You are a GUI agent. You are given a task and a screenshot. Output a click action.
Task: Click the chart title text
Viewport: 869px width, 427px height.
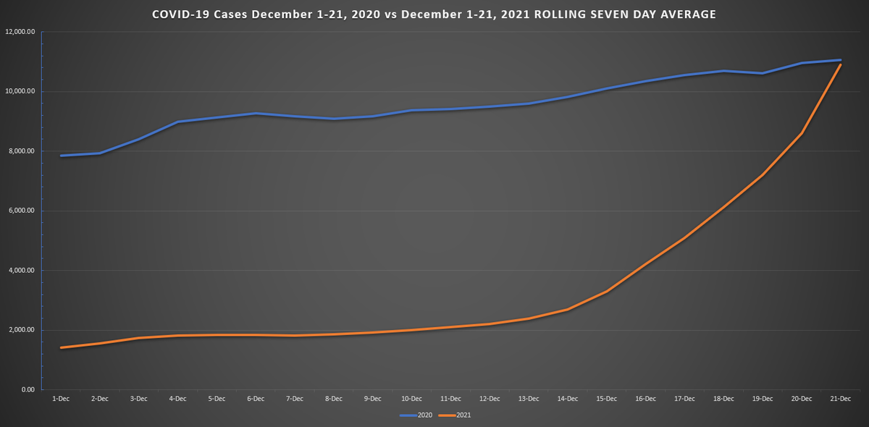[434, 14]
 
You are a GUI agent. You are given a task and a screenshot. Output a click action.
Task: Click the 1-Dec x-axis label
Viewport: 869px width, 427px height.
[61, 399]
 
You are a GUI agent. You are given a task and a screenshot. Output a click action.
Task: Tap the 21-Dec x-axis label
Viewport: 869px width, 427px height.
[840, 399]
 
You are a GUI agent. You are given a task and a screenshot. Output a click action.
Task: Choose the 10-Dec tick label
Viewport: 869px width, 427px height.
[411, 399]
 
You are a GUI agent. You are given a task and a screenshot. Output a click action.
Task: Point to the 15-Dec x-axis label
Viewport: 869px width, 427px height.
[606, 399]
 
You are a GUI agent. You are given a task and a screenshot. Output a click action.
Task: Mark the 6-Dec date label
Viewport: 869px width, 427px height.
[256, 399]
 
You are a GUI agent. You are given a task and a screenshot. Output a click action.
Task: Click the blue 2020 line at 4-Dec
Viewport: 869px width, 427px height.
[177, 122]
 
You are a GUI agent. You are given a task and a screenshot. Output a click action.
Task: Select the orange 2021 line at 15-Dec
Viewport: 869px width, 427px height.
[606, 291]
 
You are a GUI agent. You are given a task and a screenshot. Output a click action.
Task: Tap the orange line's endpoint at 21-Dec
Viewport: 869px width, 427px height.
[840, 64]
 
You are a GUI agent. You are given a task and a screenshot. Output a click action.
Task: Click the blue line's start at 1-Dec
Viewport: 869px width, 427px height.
[61, 156]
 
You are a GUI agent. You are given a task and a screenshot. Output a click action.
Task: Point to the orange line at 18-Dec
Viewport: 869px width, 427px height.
[723, 207]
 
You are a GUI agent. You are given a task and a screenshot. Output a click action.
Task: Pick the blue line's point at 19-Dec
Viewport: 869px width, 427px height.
[763, 73]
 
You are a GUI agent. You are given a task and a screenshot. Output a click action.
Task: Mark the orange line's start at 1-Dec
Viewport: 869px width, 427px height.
[61, 347]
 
